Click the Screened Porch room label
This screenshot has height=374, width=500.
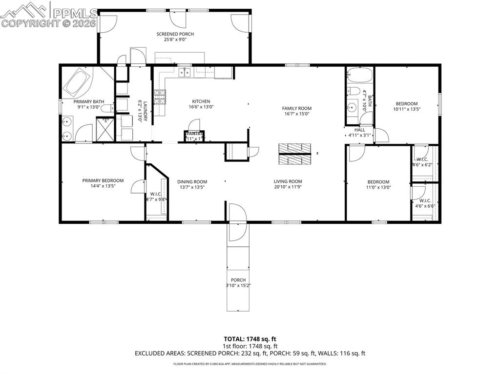click(x=175, y=34)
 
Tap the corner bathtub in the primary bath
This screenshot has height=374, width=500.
click(x=77, y=83)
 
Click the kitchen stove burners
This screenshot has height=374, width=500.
click(x=160, y=98)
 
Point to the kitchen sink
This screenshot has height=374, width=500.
click(x=185, y=73)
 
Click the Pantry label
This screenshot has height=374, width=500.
click(x=194, y=133)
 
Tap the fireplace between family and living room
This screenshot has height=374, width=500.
click(x=295, y=155)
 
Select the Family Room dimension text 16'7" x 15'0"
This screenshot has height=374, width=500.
click(x=296, y=114)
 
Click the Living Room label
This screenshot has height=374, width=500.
click(x=288, y=181)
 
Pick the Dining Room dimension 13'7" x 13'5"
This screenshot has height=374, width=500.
click(x=192, y=187)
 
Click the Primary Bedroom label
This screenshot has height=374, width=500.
click(x=103, y=180)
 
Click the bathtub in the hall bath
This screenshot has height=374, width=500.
click(x=359, y=76)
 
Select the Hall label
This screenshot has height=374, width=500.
click(x=359, y=130)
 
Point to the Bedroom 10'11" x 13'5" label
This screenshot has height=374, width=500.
click(x=406, y=104)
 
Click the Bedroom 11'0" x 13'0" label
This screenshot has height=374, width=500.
click(x=378, y=182)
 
